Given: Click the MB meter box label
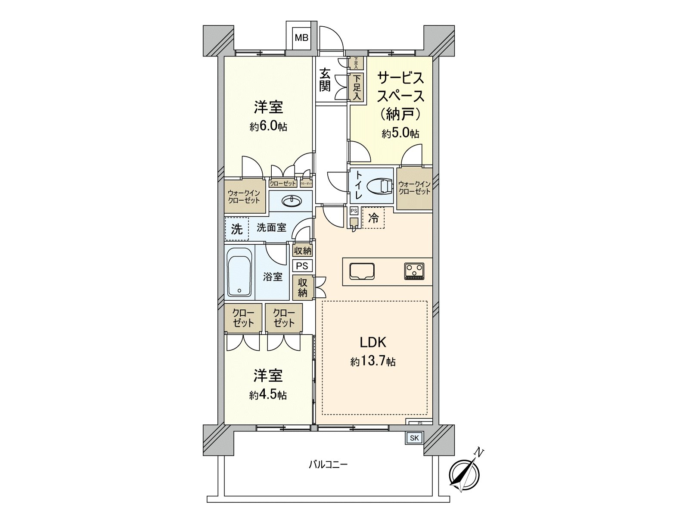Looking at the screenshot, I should pyautogui.click(x=301, y=38).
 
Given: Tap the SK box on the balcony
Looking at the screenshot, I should pyautogui.click(x=414, y=438).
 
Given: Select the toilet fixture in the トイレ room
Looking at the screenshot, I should pyautogui.click(x=379, y=186).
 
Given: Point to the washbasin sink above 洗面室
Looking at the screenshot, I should pyautogui.click(x=291, y=201).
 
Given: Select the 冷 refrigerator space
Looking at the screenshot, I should pyautogui.click(x=373, y=218).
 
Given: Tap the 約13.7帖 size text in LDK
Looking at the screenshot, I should pyautogui.click(x=373, y=361).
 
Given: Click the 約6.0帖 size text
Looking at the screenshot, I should pyautogui.click(x=268, y=127).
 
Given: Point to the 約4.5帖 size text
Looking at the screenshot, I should pyautogui.click(x=268, y=395).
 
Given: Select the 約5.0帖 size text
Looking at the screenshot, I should pyautogui.click(x=400, y=134).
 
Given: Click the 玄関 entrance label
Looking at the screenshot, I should pyautogui.click(x=325, y=80).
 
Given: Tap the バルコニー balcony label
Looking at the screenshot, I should pyautogui.click(x=328, y=465).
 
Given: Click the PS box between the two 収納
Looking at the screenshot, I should pyautogui.click(x=302, y=266).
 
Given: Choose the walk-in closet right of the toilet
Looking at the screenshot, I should pyautogui.click(x=414, y=188).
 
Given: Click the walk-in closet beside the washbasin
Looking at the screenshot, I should pyautogui.click(x=244, y=197).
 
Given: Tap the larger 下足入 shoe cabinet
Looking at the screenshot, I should pyautogui.click(x=357, y=87).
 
